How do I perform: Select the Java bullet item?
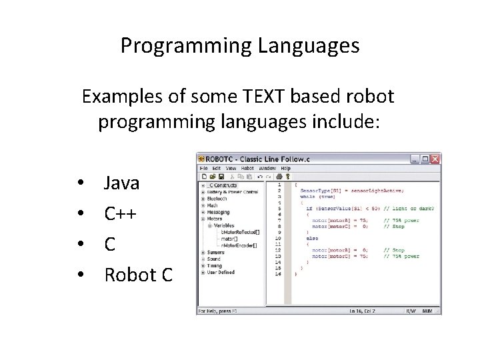(121, 182)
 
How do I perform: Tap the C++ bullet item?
(121, 213)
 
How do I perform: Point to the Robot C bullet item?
(139, 275)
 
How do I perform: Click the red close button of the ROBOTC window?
(435, 159)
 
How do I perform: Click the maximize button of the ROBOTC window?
(425, 159)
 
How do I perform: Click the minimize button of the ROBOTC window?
(415, 159)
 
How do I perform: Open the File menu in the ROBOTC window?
(203, 168)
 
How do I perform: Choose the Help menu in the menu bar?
(285, 168)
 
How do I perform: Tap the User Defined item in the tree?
(220, 272)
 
